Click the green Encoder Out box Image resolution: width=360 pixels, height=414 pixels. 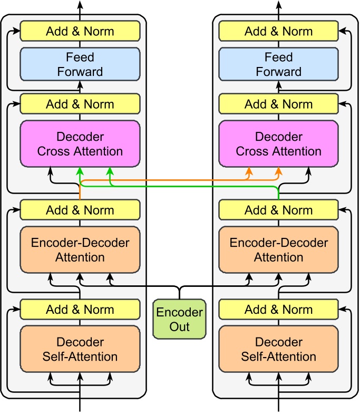(x=179, y=319)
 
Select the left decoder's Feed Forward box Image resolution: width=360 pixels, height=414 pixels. (x=80, y=64)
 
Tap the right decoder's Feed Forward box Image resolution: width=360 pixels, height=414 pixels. (x=279, y=64)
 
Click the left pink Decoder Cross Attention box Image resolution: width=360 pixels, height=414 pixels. (x=80, y=144)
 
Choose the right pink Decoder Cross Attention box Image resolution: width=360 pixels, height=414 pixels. (x=279, y=144)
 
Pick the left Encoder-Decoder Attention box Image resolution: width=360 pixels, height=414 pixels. (x=80, y=250)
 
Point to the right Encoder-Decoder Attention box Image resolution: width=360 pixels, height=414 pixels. (x=279, y=250)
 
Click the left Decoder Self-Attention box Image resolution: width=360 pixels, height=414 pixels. (x=80, y=349)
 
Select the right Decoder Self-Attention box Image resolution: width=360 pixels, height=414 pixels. (x=279, y=349)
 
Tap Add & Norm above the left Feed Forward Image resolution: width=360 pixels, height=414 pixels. (x=80, y=31)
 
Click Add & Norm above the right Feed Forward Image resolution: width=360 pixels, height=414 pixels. (x=279, y=31)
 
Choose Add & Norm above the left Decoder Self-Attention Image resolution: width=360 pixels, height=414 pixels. (x=80, y=309)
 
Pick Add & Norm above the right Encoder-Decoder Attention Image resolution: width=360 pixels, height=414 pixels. (x=279, y=210)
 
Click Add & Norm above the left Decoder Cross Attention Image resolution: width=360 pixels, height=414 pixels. (x=80, y=104)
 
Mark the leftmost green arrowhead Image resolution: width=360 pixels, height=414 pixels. (x=80, y=171)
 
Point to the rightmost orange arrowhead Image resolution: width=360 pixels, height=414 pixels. (x=279, y=171)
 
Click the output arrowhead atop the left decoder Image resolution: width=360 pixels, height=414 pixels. (x=80, y=4)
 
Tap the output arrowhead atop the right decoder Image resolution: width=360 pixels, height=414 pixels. (x=279, y=4)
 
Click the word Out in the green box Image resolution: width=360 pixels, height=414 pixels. (x=179, y=326)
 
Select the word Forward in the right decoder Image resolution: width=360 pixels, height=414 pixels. (x=279, y=71)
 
